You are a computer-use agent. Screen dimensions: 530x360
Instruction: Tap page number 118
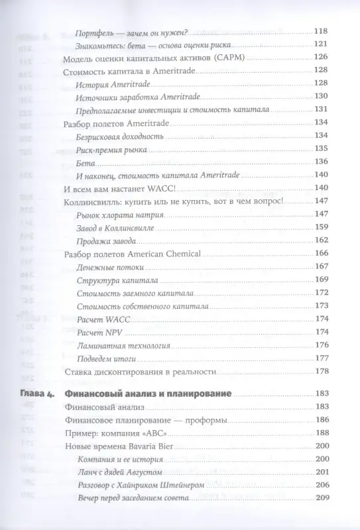(320, 32)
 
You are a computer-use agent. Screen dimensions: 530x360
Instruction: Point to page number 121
(320, 45)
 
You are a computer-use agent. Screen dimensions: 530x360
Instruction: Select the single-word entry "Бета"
(86, 162)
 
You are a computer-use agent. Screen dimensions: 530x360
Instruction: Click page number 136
(320, 162)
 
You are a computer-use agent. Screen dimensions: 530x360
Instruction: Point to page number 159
(320, 227)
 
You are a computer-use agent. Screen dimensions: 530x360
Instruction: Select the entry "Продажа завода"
(106, 240)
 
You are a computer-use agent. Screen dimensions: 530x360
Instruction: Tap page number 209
(320, 498)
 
